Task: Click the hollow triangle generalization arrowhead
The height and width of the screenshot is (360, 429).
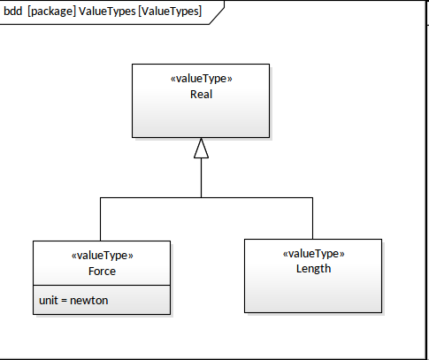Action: [201, 148]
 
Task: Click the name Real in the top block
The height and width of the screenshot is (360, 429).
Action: [201, 95]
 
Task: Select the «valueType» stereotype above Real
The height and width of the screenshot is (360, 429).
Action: [201, 79]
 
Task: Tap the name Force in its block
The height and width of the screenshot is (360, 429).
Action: [102, 272]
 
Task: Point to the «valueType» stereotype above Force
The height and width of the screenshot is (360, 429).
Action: [102, 256]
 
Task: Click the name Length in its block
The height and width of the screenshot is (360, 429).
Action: [313, 269]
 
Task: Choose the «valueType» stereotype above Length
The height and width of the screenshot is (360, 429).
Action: [313, 254]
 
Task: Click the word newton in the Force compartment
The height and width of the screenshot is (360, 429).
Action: [89, 301]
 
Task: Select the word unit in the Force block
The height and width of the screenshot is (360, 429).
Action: [49, 301]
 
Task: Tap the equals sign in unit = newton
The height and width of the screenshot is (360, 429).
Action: [64, 301]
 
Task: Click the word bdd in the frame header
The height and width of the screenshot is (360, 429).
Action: [13, 11]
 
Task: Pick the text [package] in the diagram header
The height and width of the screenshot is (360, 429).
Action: [52, 11]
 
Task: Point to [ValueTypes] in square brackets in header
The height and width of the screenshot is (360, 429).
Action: [170, 11]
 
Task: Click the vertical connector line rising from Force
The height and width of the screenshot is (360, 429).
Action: [100, 219]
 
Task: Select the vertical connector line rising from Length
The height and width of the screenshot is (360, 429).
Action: [312, 218]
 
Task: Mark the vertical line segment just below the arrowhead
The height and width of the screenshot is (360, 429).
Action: [201, 178]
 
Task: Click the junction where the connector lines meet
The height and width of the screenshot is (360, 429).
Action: [201, 197]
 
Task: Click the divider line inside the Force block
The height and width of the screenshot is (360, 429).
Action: [102, 285]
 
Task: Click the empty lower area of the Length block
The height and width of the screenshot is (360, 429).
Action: [313, 294]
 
